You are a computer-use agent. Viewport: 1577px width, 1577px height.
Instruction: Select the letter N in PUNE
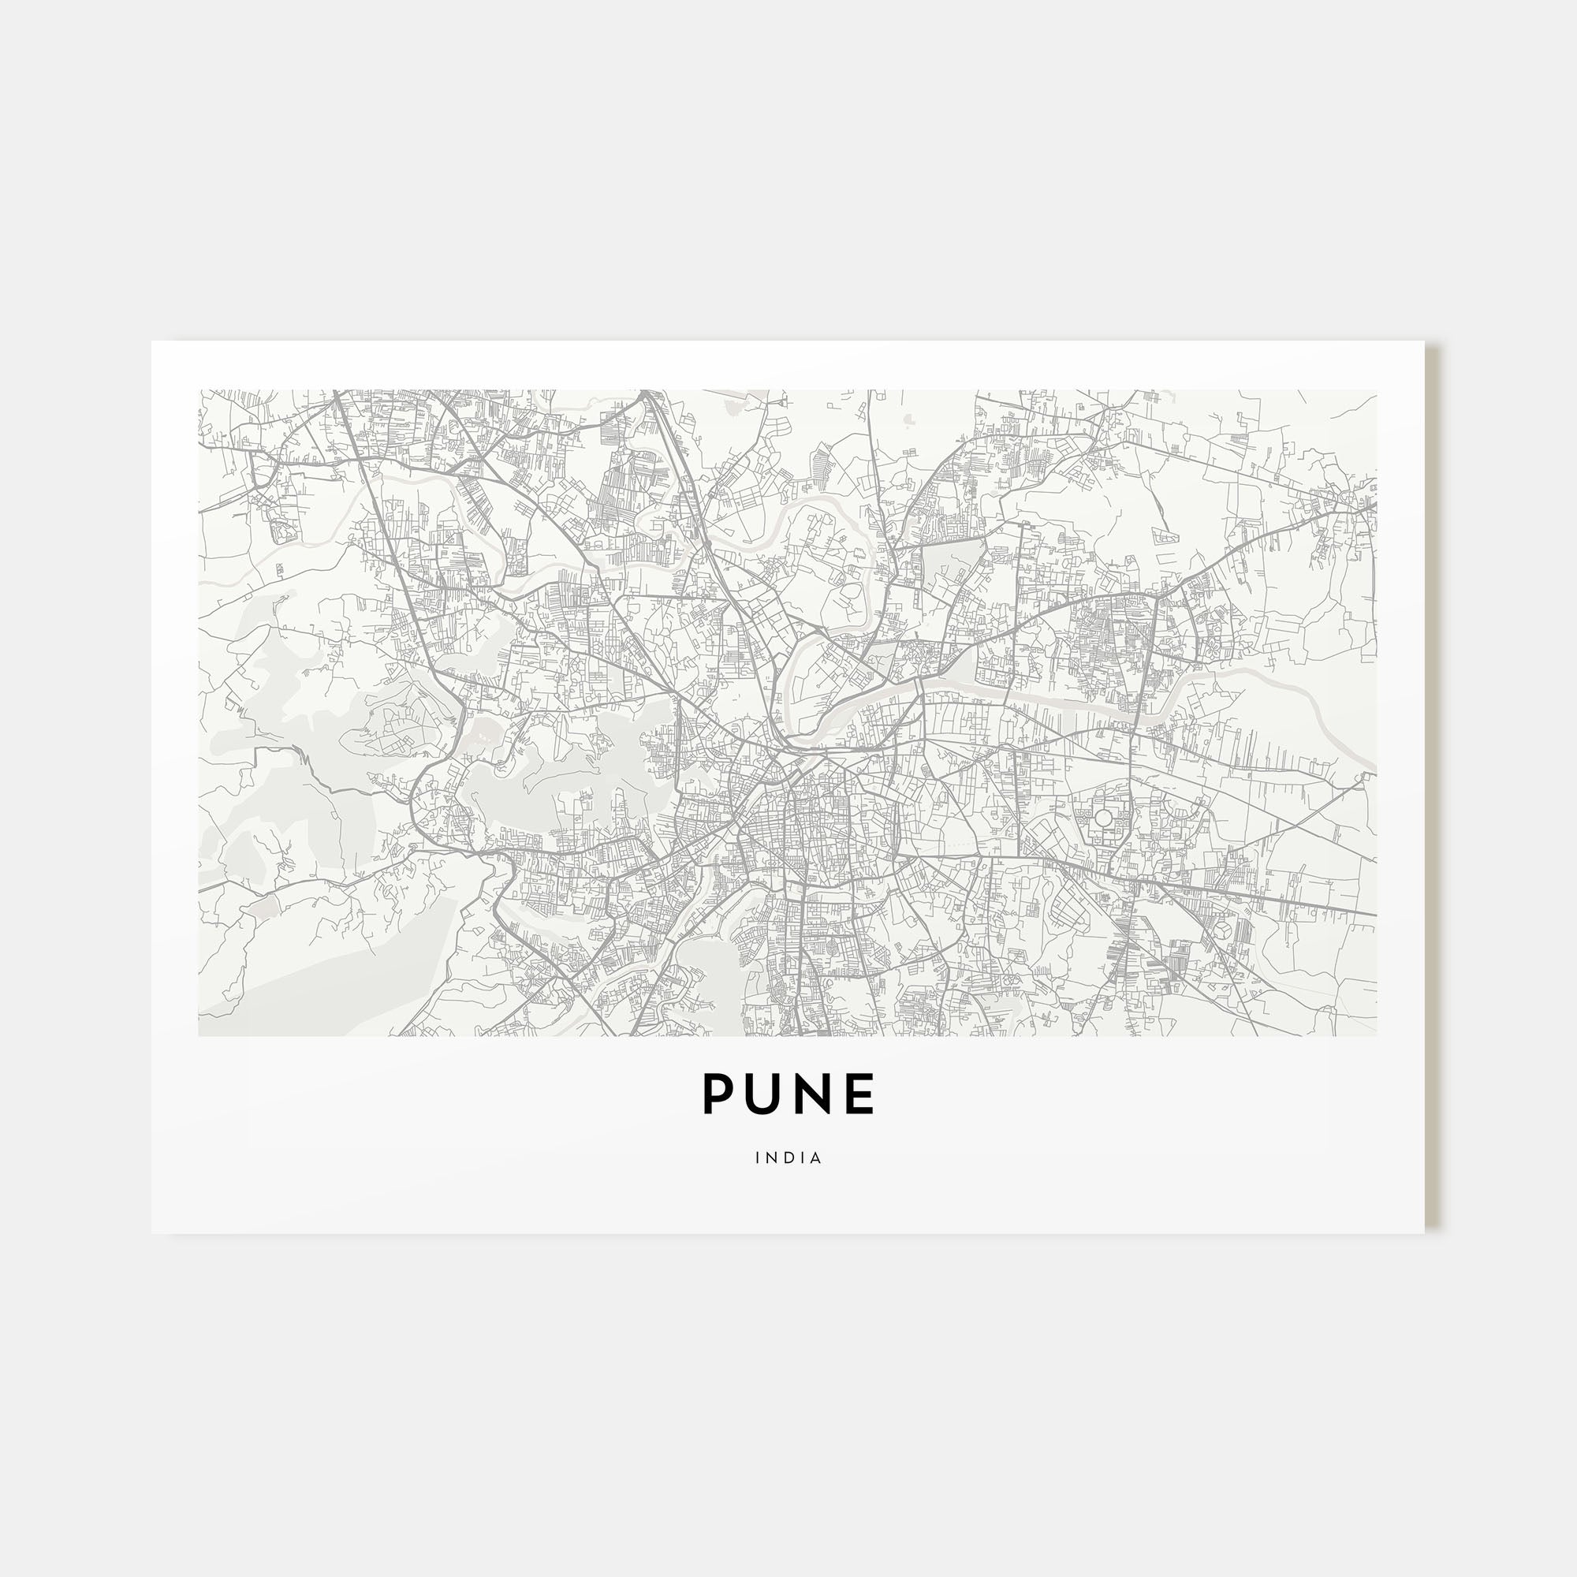[x=813, y=1094]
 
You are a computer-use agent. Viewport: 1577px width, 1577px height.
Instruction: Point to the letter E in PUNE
[x=859, y=1094]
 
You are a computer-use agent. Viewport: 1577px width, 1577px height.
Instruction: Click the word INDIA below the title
[x=788, y=1158]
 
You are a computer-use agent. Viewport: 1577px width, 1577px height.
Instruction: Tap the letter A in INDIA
[x=816, y=1158]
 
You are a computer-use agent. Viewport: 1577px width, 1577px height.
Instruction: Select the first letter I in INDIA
[x=759, y=1158]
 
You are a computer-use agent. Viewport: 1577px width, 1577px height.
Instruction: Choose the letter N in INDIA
[x=771, y=1158]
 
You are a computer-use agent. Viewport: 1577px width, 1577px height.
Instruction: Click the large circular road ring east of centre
[x=1103, y=817]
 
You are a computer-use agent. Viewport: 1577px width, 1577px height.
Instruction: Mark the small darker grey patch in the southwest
[x=263, y=908]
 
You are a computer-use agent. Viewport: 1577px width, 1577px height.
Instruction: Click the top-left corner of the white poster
[x=153, y=342]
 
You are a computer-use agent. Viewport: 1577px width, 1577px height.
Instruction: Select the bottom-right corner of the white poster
[x=1424, y=1232]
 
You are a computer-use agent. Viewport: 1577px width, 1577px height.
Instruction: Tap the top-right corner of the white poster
[x=1424, y=342]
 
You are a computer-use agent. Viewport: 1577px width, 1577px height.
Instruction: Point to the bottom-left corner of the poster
[x=153, y=1232]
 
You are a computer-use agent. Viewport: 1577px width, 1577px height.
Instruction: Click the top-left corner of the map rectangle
[x=199, y=390]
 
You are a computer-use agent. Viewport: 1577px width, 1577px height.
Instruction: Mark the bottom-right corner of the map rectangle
[x=1376, y=1036]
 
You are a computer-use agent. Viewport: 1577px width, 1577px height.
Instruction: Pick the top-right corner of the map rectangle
[x=1376, y=390]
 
